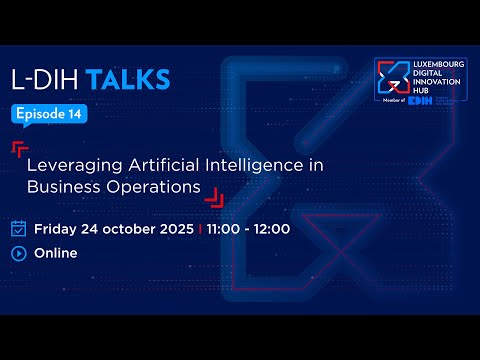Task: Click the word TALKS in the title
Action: [x=128, y=79]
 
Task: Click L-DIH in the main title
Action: [x=47, y=79]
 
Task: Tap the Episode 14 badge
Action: [x=49, y=114]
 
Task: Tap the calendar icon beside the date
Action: [x=18, y=228]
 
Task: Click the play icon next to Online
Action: [x=18, y=253]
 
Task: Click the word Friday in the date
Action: [x=57, y=228]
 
